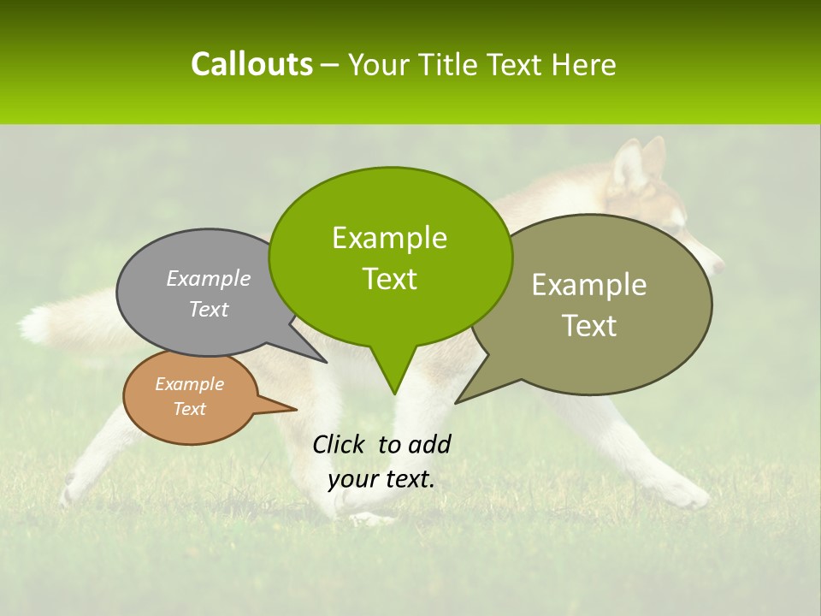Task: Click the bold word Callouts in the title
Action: point(251,64)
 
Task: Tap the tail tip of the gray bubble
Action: point(326,362)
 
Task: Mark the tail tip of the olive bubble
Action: point(457,402)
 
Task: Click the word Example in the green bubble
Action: point(389,238)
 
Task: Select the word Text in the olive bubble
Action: point(588,326)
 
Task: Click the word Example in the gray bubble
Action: point(209,279)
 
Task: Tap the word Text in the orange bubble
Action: point(190,409)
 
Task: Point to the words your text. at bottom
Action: point(381,479)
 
